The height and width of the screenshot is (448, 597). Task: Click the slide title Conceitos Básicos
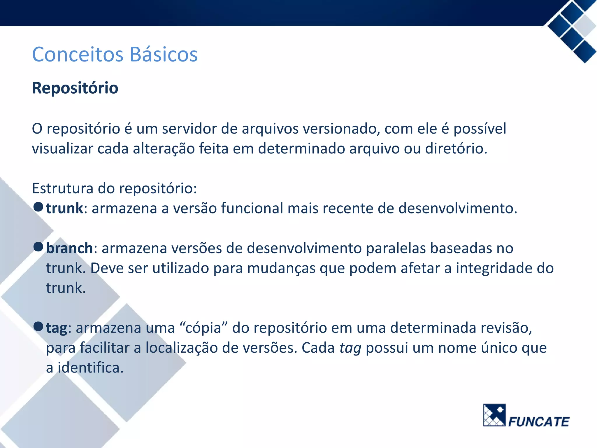click(x=115, y=55)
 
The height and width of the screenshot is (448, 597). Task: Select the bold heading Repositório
click(x=75, y=88)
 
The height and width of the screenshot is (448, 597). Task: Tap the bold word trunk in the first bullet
click(x=64, y=208)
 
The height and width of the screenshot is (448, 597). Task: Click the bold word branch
click(x=69, y=248)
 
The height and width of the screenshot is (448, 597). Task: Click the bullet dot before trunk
click(x=38, y=207)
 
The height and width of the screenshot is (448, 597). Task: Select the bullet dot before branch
click(x=38, y=247)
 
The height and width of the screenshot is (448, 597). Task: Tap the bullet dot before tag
click(x=38, y=326)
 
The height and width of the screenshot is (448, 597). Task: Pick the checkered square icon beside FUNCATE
click(x=494, y=415)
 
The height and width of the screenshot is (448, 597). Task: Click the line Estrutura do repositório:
click(x=114, y=188)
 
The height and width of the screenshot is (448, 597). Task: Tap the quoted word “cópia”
click(x=203, y=328)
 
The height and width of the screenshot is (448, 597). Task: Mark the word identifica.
click(x=90, y=368)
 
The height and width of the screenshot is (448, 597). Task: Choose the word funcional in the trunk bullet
click(x=252, y=208)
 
